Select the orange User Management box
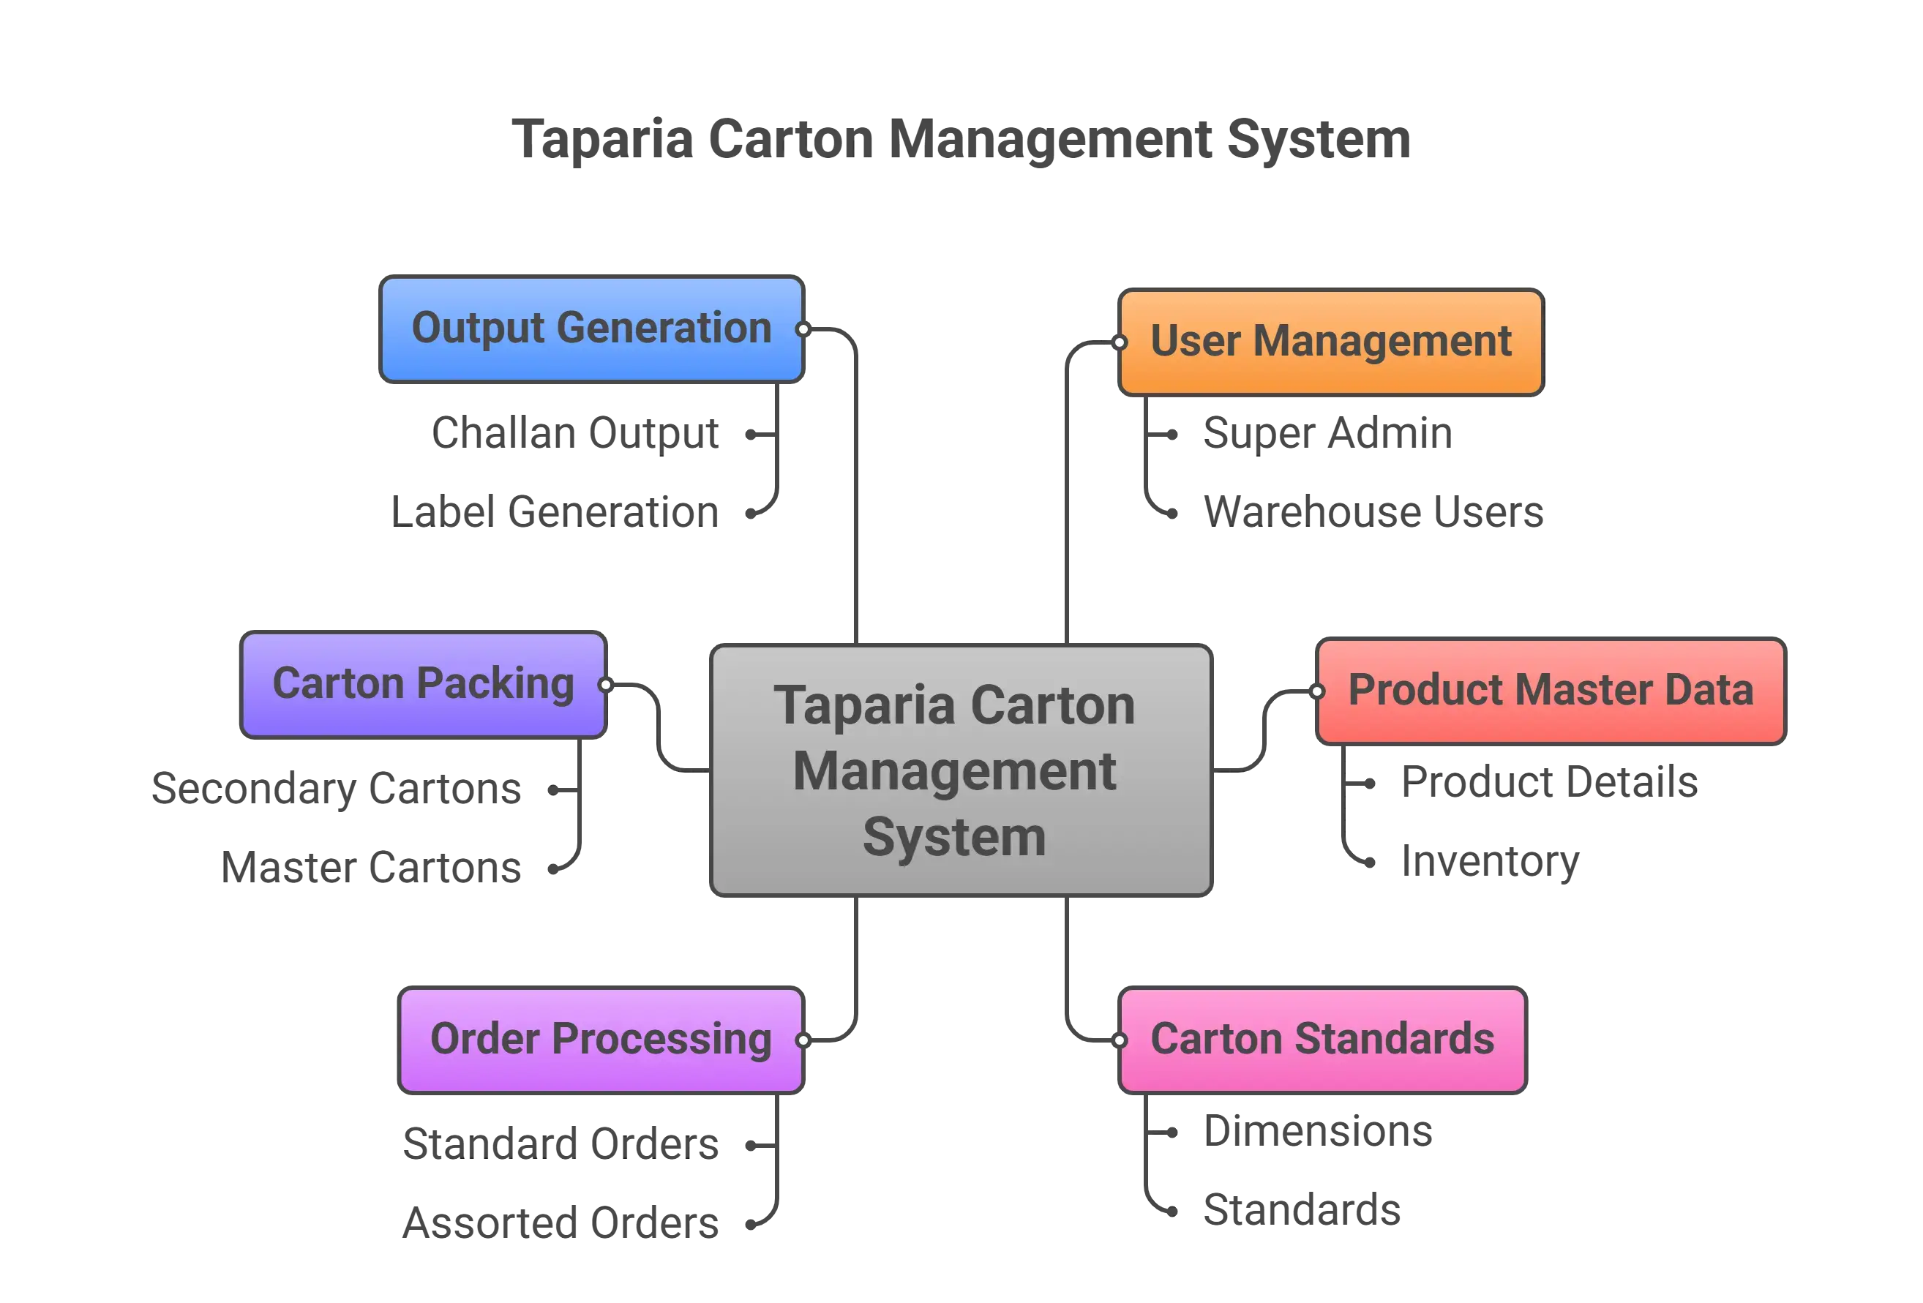(1330, 342)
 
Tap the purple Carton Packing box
(423, 684)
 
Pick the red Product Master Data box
(1550, 691)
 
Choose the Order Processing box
(601, 1039)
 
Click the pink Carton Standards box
(1322, 1039)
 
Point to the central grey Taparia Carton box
(961, 770)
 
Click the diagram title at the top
(961, 138)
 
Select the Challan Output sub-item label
(576, 434)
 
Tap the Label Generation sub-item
(555, 511)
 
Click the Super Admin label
(1327, 434)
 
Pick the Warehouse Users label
(1373, 511)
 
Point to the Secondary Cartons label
(337, 789)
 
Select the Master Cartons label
(372, 866)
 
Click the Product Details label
(1546, 783)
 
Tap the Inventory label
(1488, 861)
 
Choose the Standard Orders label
(562, 1144)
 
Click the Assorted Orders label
(561, 1222)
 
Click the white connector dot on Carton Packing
(606, 684)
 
